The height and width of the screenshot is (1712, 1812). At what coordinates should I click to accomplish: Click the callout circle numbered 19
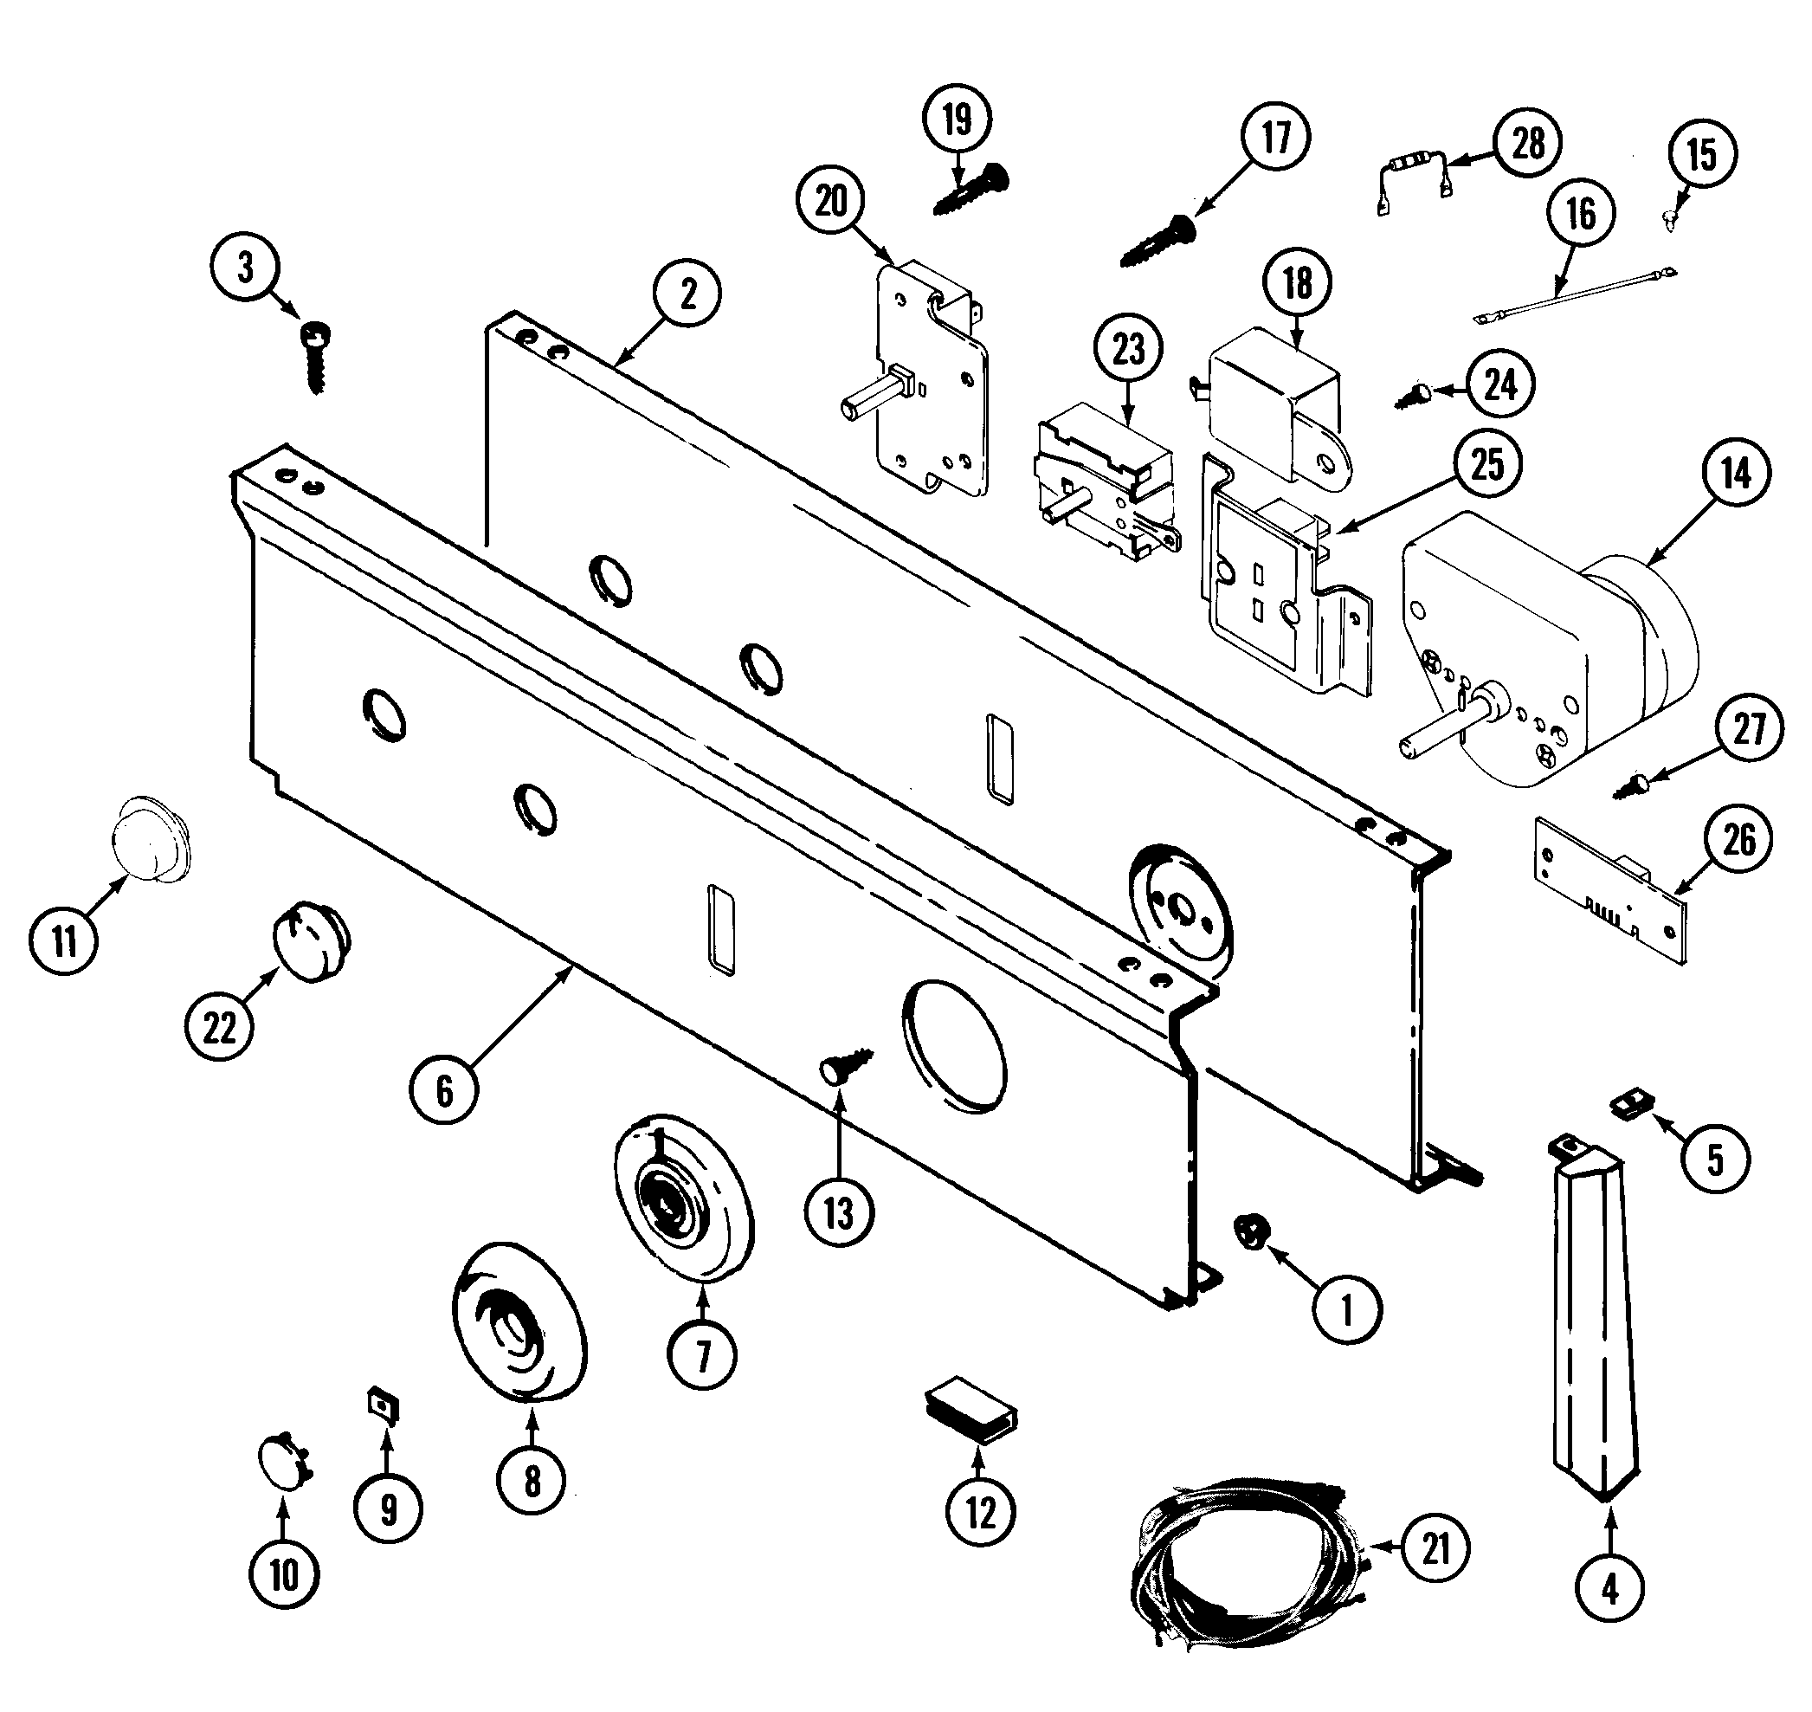(x=956, y=120)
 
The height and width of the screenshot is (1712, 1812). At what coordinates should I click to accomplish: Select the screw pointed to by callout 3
(x=315, y=358)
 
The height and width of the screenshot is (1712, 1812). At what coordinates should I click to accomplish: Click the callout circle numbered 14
(x=1735, y=474)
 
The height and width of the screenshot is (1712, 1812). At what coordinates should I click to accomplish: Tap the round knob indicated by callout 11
(x=150, y=841)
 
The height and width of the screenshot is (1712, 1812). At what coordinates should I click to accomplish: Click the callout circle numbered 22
(x=219, y=1029)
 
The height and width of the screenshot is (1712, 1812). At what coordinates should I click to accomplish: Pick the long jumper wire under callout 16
(x=1574, y=292)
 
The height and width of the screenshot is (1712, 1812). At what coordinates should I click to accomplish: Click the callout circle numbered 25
(x=1487, y=463)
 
